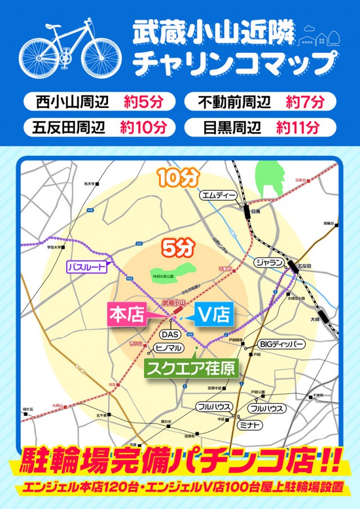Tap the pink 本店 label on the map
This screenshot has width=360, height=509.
pyautogui.click(x=127, y=314)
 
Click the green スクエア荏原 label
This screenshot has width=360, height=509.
pyautogui.click(x=191, y=368)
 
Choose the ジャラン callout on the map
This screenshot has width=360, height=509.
pyautogui.click(x=269, y=263)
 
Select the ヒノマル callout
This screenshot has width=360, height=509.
pyautogui.click(x=168, y=348)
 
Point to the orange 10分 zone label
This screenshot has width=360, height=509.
pyautogui.click(x=178, y=178)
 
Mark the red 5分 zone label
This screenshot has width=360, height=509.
pyautogui.click(x=178, y=246)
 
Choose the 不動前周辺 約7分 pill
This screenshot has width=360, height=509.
pyautogui.click(x=260, y=102)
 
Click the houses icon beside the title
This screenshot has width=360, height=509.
pyautogui.click(x=319, y=37)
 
